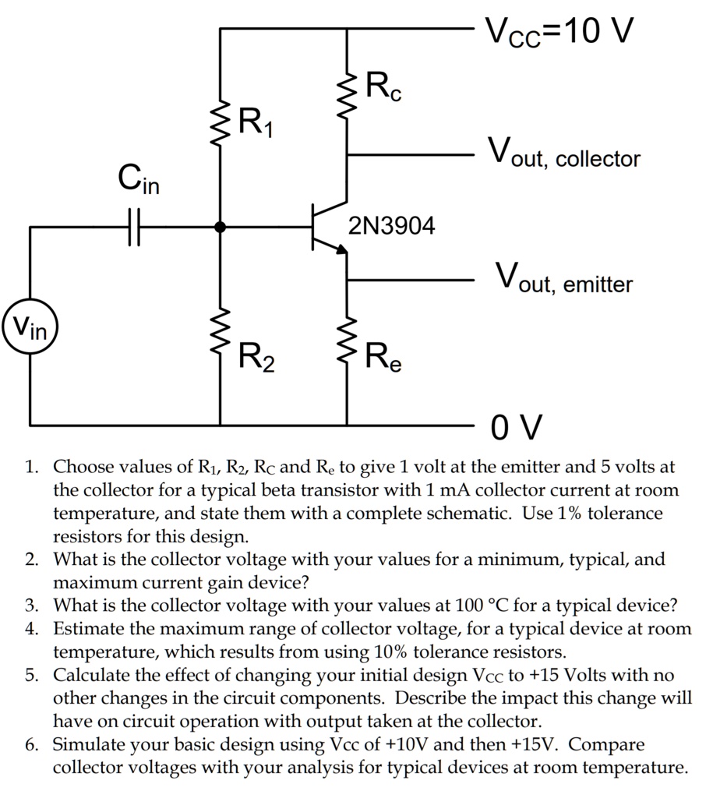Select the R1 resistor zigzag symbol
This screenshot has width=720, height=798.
coord(221,121)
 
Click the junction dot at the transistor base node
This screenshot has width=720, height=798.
coord(221,228)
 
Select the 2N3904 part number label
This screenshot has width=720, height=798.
coord(392,227)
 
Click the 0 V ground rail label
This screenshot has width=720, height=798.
coord(516,427)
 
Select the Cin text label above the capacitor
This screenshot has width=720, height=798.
coord(138,180)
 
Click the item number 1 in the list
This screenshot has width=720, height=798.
coord(30,468)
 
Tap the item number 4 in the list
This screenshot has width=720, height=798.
coord(31,628)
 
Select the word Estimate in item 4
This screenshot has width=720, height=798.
coord(86,628)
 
